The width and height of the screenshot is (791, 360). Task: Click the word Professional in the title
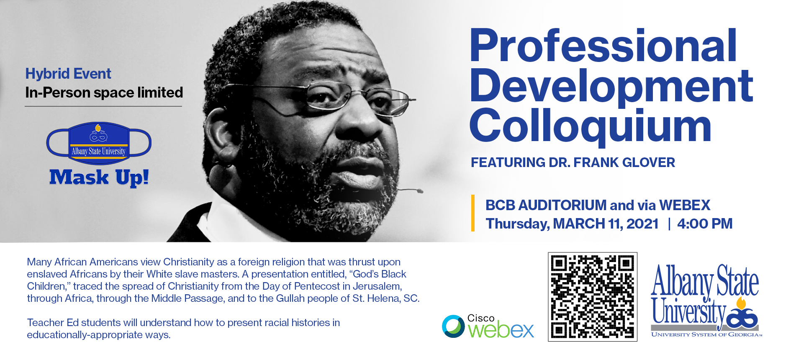pos(603,46)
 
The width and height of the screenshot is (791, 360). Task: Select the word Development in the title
pos(611,87)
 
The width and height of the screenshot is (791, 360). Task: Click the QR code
pos(592,297)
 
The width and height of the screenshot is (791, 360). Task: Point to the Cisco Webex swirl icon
pos(453,326)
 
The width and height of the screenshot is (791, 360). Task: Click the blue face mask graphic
pos(99,143)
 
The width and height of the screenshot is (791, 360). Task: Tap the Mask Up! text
pos(99,177)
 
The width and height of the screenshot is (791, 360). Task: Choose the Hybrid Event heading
pos(68,74)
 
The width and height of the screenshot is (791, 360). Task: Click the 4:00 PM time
pos(705,224)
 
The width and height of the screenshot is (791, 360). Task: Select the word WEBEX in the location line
pos(685,205)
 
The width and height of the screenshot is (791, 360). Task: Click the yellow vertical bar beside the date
pos(473,213)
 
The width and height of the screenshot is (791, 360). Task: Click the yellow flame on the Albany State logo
pos(741,303)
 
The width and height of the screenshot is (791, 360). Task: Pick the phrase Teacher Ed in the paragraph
pos(53,323)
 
